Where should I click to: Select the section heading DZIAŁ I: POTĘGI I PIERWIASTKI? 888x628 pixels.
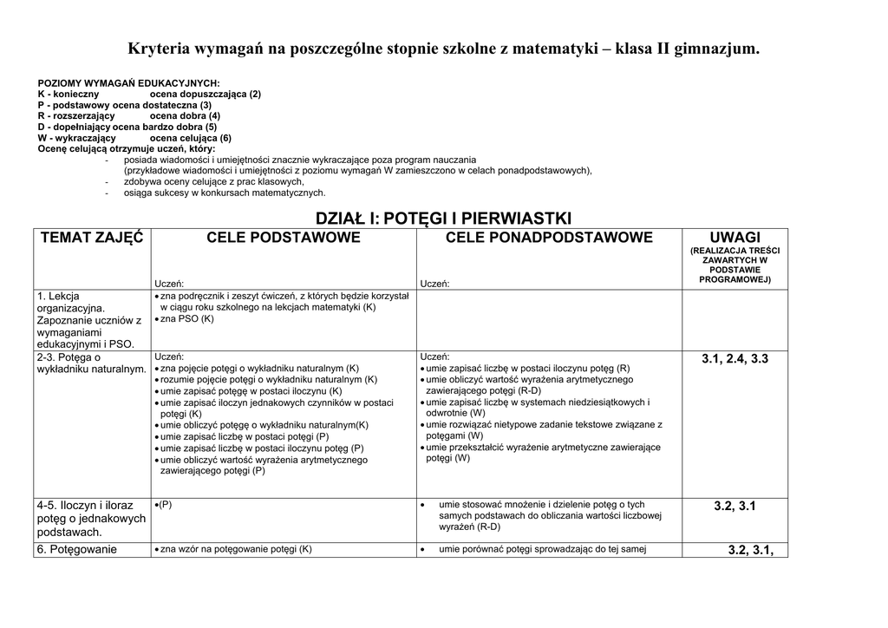(x=443, y=218)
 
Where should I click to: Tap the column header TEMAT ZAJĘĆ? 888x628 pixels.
(x=90, y=238)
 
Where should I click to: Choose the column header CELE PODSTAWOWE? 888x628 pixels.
(x=283, y=238)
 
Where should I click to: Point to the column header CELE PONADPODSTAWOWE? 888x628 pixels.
(x=548, y=238)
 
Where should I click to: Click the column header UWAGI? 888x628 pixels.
(x=735, y=238)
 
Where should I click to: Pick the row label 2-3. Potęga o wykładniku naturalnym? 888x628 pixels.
(x=91, y=363)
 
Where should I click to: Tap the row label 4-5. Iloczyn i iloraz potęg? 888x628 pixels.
(x=90, y=518)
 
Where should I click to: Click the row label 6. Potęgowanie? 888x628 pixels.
(x=76, y=549)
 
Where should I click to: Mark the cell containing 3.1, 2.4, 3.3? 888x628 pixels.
(x=735, y=358)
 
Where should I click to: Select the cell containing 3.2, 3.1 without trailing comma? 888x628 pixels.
(x=735, y=506)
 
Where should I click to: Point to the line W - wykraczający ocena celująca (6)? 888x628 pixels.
(x=134, y=138)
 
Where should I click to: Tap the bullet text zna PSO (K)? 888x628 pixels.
(x=186, y=318)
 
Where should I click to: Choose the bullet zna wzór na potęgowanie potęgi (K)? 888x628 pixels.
(x=235, y=549)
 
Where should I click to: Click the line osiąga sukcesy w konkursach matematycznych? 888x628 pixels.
(x=225, y=193)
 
